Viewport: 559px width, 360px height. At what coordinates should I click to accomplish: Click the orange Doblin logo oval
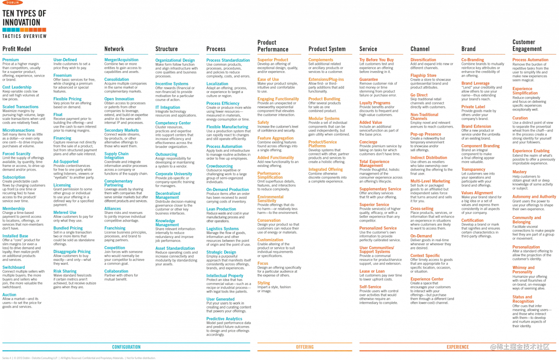pyautogui.click(x=13, y=3)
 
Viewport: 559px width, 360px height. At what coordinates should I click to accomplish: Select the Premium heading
pyautogui.click(x=11, y=60)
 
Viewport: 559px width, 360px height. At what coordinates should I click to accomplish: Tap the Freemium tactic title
pyautogui.click(x=62, y=75)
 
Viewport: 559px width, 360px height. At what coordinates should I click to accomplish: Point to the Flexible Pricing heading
pyautogui.click(x=68, y=99)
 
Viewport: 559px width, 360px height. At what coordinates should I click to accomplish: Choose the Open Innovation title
pyautogui.click(x=119, y=99)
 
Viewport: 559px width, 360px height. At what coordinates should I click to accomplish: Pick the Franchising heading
pyautogui.click(x=115, y=228)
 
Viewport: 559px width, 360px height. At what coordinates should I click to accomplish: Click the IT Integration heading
pyautogui.click(x=167, y=107)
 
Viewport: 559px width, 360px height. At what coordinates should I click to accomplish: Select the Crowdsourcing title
pyautogui.click(x=220, y=166)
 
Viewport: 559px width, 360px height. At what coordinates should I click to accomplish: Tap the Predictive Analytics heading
pyautogui.click(x=224, y=319)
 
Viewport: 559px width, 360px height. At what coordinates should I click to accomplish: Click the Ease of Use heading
pyautogui.click(x=268, y=79)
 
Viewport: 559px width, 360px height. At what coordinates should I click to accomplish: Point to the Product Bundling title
pyautogui.click(x=324, y=99)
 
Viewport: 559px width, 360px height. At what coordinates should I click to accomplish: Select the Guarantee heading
pyautogui.click(x=369, y=80)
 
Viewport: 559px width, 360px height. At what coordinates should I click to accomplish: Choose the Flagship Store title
pyautogui.click(x=423, y=75)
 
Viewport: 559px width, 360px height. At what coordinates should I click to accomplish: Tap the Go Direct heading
pyautogui.click(x=419, y=95)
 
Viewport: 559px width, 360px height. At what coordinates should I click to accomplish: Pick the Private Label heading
pyautogui.click(x=472, y=107)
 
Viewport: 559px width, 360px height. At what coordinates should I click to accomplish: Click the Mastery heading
pyautogui.click(x=519, y=172)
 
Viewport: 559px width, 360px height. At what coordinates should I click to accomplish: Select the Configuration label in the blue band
pyautogui.click(x=126, y=347)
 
